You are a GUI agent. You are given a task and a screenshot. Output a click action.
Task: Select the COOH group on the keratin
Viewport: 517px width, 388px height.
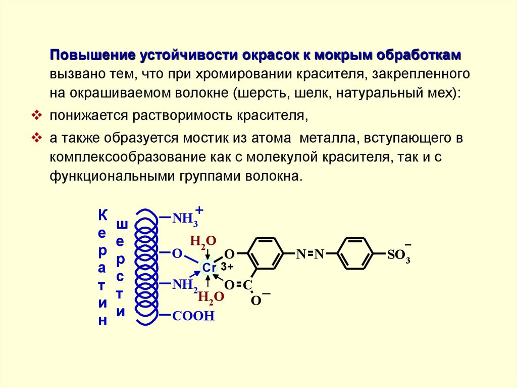point(193,316)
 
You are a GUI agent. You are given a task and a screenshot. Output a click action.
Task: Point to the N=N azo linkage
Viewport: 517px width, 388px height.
point(309,254)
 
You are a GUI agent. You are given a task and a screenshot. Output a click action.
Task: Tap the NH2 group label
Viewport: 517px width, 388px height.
point(185,285)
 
